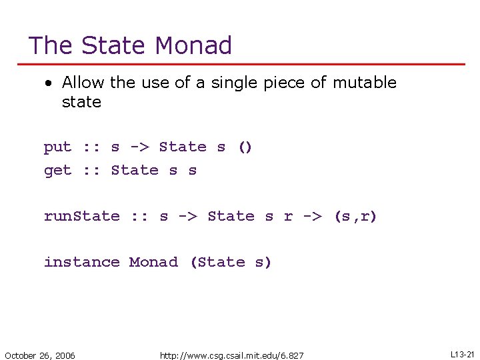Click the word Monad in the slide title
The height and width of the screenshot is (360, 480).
(193, 45)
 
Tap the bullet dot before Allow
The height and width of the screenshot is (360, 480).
(48, 83)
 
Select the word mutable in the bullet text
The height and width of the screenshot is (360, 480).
(365, 83)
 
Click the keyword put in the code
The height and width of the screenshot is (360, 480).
(57, 147)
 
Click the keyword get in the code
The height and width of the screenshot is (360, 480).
(57, 171)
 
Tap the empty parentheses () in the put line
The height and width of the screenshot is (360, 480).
(245, 147)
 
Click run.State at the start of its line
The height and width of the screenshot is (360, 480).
(81, 216)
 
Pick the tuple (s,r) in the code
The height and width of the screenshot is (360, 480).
(355, 216)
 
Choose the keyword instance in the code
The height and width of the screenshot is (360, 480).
(81, 262)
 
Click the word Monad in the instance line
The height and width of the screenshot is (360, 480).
(153, 262)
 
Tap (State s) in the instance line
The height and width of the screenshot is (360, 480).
(231, 262)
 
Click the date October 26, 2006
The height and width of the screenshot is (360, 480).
(40, 355)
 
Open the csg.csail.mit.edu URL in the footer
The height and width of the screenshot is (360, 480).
(231, 355)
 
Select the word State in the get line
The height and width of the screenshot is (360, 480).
(135, 171)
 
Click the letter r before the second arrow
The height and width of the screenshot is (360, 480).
(288, 217)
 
